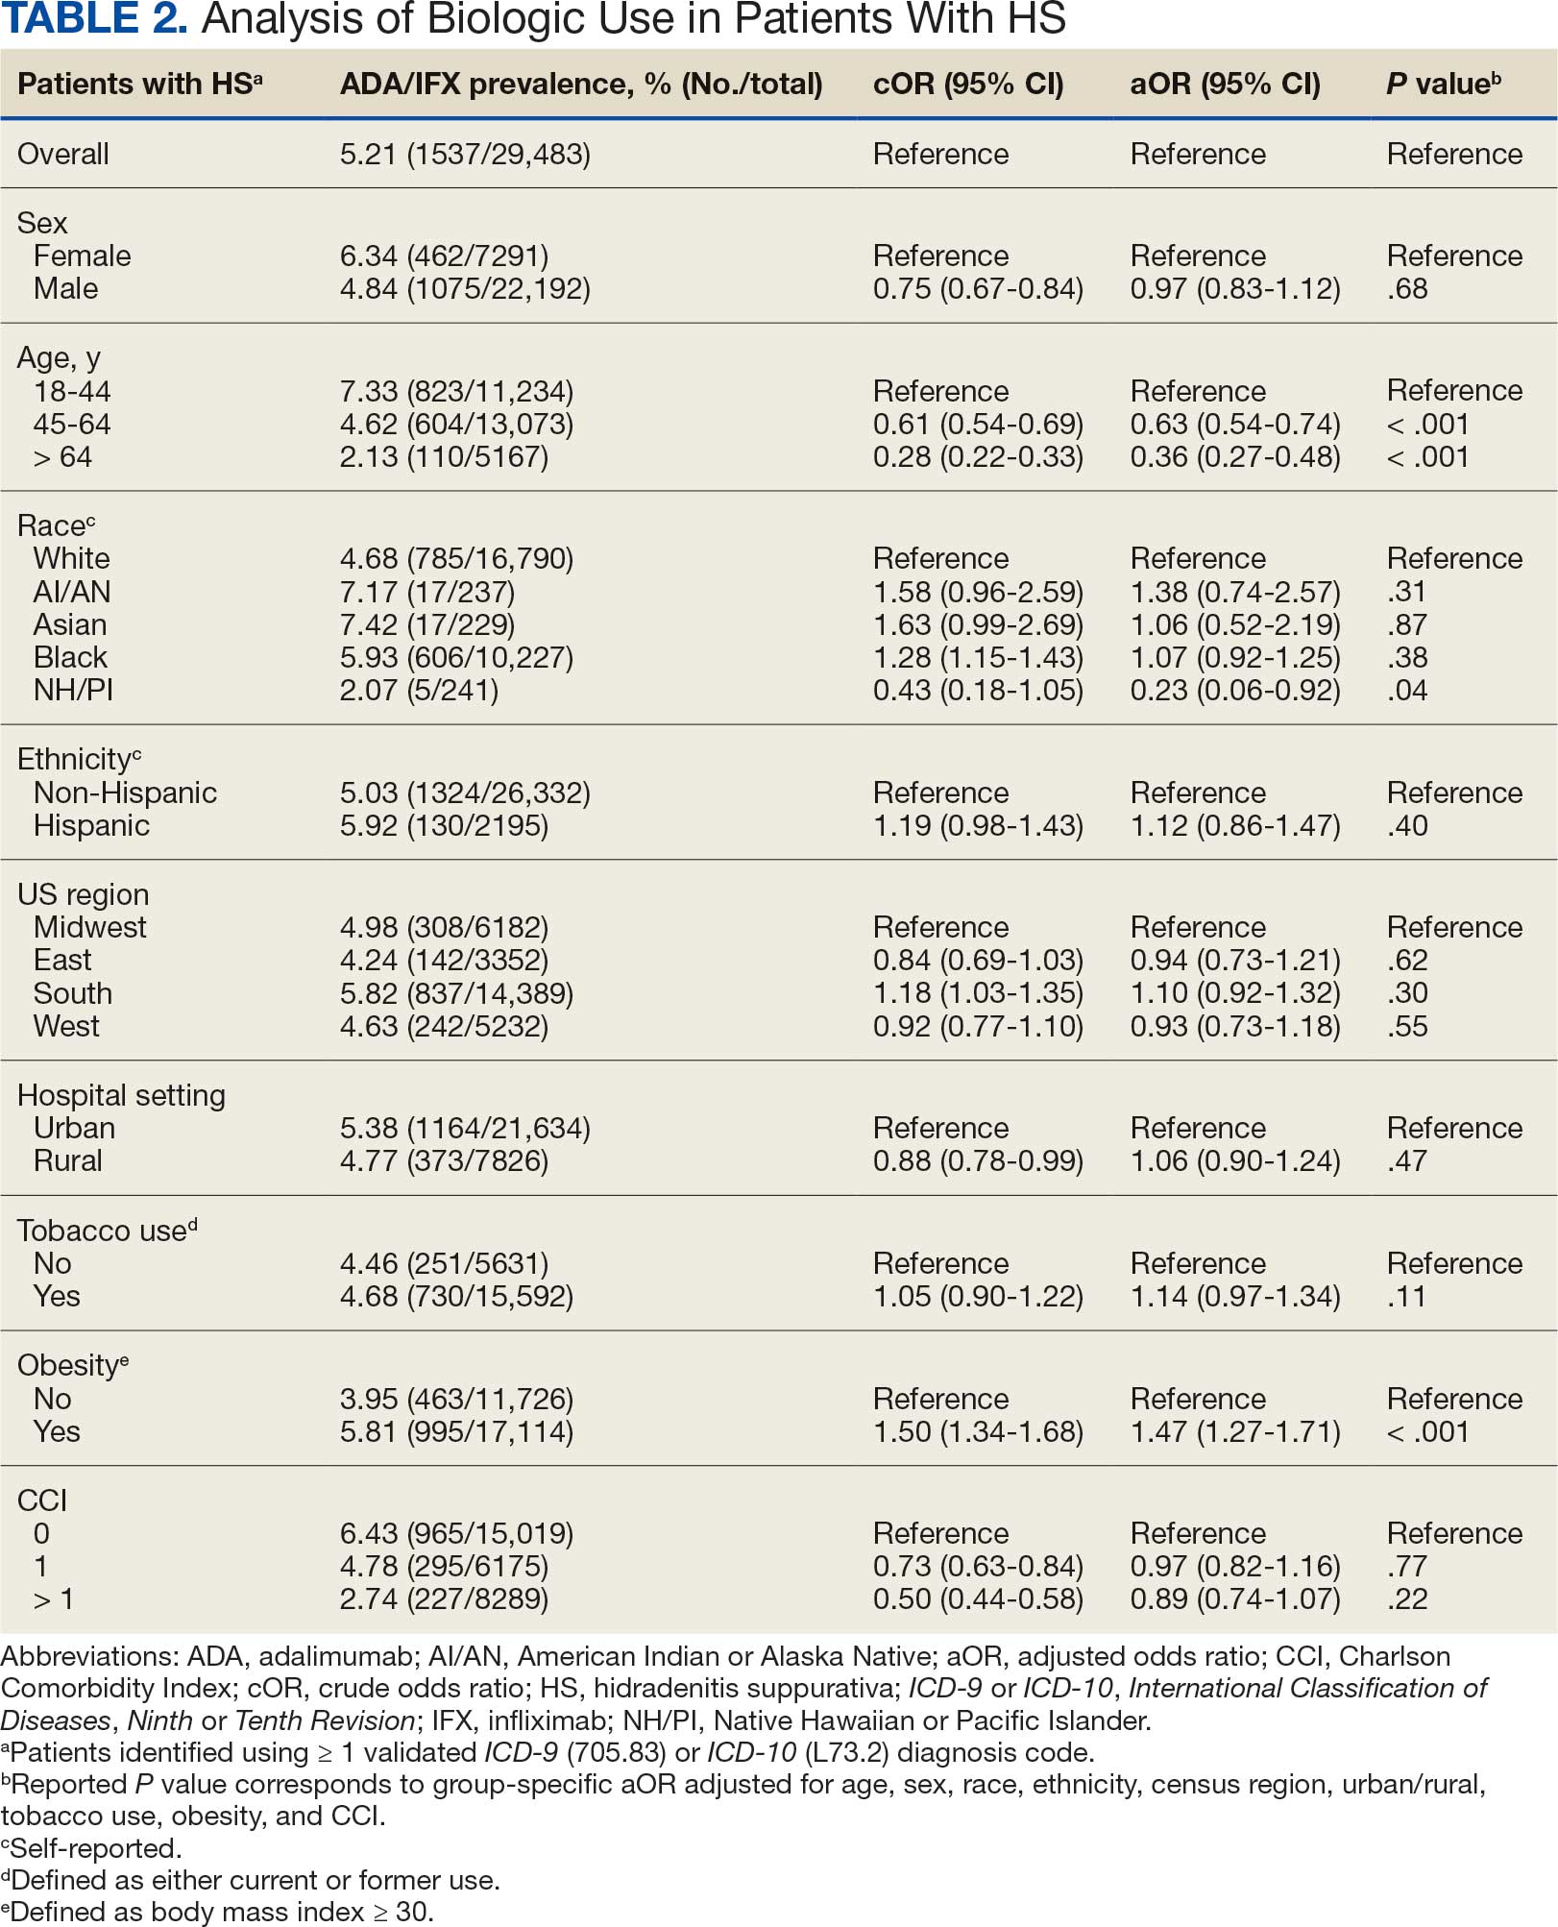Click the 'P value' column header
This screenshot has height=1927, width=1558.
(x=1442, y=85)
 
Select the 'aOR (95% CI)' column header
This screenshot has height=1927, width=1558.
(x=1225, y=85)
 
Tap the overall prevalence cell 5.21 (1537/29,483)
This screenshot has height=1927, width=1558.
(x=465, y=154)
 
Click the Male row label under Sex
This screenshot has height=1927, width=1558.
(x=65, y=288)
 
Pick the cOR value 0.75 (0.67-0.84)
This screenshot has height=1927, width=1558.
(x=977, y=288)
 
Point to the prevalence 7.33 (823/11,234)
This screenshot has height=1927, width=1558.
(x=456, y=391)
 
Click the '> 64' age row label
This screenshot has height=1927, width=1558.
(x=62, y=456)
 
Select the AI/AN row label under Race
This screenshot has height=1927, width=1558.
(x=72, y=592)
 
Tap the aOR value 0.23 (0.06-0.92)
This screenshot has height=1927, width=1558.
(x=1234, y=690)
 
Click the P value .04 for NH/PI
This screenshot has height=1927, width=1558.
(x=1407, y=690)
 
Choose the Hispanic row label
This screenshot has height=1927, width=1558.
(x=91, y=825)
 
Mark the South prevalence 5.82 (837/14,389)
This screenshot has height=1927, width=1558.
(x=456, y=993)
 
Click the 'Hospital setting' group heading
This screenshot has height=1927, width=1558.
(x=121, y=1095)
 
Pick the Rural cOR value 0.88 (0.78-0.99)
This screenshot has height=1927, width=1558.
(x=977, y=1160)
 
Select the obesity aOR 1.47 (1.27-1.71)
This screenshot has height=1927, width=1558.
(x=1234, y=1431)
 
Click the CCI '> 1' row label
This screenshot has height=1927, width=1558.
(x=54, y=1599)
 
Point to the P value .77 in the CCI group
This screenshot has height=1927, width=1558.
(x=1407, y=1566)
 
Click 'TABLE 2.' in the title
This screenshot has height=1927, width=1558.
(x=94, y=19)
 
